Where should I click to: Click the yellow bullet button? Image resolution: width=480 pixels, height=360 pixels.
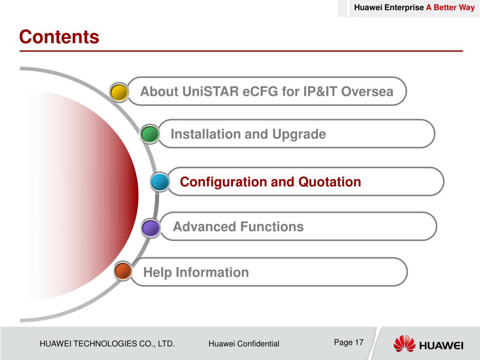coord(119,92)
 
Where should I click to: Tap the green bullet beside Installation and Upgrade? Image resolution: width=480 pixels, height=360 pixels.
coord(150,134)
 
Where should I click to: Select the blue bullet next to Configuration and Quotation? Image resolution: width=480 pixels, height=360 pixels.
coord(160,182)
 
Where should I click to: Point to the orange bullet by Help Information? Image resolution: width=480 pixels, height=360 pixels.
coord(123,271)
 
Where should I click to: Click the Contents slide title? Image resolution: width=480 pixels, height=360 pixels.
coord(59,37)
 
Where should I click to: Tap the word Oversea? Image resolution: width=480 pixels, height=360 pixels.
coord(367,91)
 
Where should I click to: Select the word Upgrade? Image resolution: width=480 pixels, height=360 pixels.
coord(299,135)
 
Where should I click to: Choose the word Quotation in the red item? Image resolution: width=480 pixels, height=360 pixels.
coord(330,182)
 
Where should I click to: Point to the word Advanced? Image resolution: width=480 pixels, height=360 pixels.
coord(204,227)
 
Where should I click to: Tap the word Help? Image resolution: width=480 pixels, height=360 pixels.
coord(157,273)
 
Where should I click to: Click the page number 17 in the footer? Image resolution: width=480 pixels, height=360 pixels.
coord(359,342)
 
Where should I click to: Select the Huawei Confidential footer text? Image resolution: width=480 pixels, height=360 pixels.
coord(244,344)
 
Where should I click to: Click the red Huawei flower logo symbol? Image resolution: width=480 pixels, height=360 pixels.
coord(404,344)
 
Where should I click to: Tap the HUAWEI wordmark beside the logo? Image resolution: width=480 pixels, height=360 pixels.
coord(441,346)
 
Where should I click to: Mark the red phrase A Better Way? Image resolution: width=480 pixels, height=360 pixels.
coord(450,7)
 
